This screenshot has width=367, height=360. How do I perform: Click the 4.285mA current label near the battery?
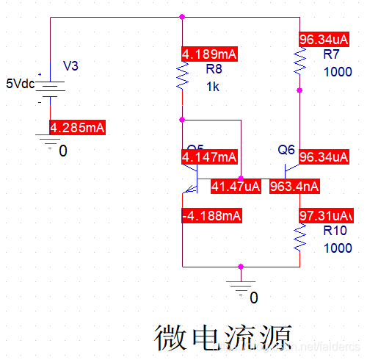pyautogui.click(x=77, y=128)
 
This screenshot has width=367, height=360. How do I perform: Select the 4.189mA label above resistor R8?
pyautogui.click(x=209, y=54)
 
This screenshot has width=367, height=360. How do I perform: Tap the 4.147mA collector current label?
pyautogui.click(x=209, y=156)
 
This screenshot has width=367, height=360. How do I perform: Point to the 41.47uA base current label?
pyautogui.click(x=236, y=186)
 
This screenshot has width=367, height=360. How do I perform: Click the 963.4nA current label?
pyautogui.click(x=294, y=186)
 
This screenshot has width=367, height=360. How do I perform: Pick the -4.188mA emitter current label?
pyautogui.click(x=211, y=215)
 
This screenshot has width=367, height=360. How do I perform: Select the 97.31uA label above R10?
pyautogui.click(x=327, y=215)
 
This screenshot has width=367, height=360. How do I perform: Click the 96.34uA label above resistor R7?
pyautogui.click(x=328, y=39)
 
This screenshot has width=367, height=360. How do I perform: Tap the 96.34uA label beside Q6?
pyautogui.click(x=328, y=156)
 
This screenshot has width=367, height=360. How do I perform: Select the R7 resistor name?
pyautogui.click(x=332, y=56)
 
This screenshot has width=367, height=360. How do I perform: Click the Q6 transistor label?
pyautogui.click(x=286, y=149)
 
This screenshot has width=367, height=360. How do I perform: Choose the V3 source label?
pyautogui.click(x=70, y=66)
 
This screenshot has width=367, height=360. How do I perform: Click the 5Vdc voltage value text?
pyautogui.click(x=20, y=83)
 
